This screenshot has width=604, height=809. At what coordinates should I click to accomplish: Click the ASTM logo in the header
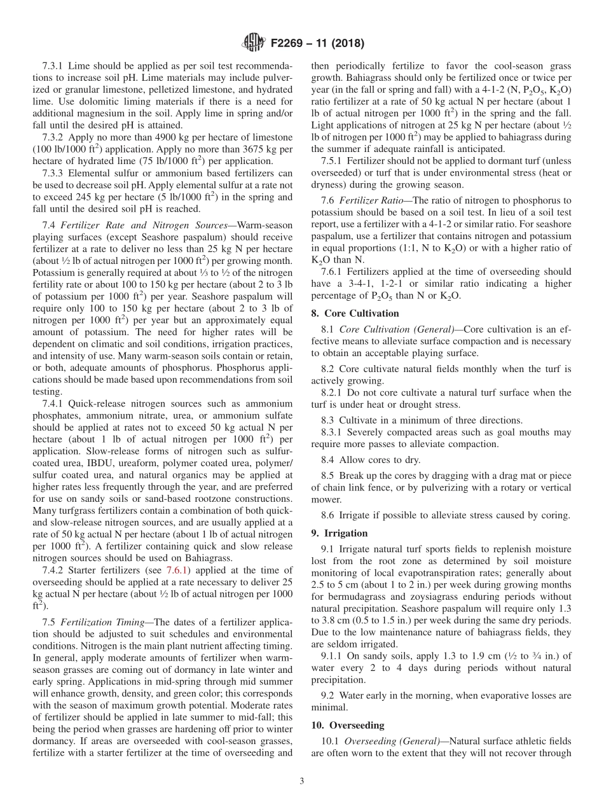[x=252, y=44]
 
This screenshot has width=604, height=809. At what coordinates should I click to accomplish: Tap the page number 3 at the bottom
[x=302, y=781]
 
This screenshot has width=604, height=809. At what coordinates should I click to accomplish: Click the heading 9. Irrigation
[x=340, y=533]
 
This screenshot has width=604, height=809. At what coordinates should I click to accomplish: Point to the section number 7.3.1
[x=53, y=66]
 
